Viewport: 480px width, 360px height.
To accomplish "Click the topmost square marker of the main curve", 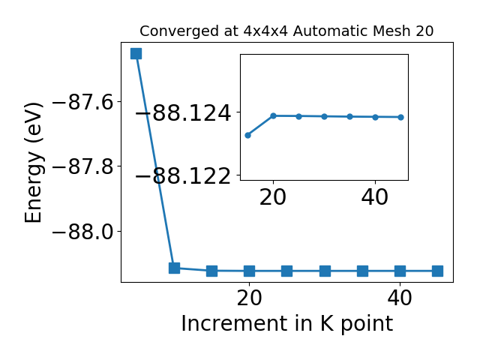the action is (x=136, y=53).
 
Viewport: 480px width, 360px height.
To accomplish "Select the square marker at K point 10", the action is (x=174, y=268).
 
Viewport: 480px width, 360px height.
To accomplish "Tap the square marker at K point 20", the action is (x=250, y=271).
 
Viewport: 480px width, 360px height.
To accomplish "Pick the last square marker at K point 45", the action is (x=437, y=271).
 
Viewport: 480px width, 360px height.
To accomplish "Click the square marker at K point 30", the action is (x=325, y=271).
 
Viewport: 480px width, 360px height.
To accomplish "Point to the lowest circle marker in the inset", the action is (x=248, y=135).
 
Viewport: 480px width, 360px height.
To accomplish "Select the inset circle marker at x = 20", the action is (x=273, y=115).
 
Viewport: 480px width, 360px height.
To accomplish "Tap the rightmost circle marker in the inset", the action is (x=400, y=117).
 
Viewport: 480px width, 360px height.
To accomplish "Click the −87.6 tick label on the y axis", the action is (x=83, y=102).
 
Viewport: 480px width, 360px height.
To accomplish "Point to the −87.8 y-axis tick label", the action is (x=83, y=166).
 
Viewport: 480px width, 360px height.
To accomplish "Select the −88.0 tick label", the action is (x=83, y=232).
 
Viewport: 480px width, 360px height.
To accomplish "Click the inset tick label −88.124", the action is (x=183, y=113).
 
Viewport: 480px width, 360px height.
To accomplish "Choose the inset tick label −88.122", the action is (x=183, y=176).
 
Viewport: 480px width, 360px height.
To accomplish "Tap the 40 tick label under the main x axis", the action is (x=400, y=298).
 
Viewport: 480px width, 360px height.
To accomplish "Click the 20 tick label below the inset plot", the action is (x=273, y=197).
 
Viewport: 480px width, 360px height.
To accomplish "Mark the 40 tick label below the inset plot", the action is (x=375, y=197).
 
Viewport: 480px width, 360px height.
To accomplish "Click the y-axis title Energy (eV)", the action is (x=33, y=163).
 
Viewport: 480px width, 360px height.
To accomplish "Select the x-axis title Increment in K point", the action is (x=287, y=324).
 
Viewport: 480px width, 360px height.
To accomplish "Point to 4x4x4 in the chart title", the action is (x=265, y=31).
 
